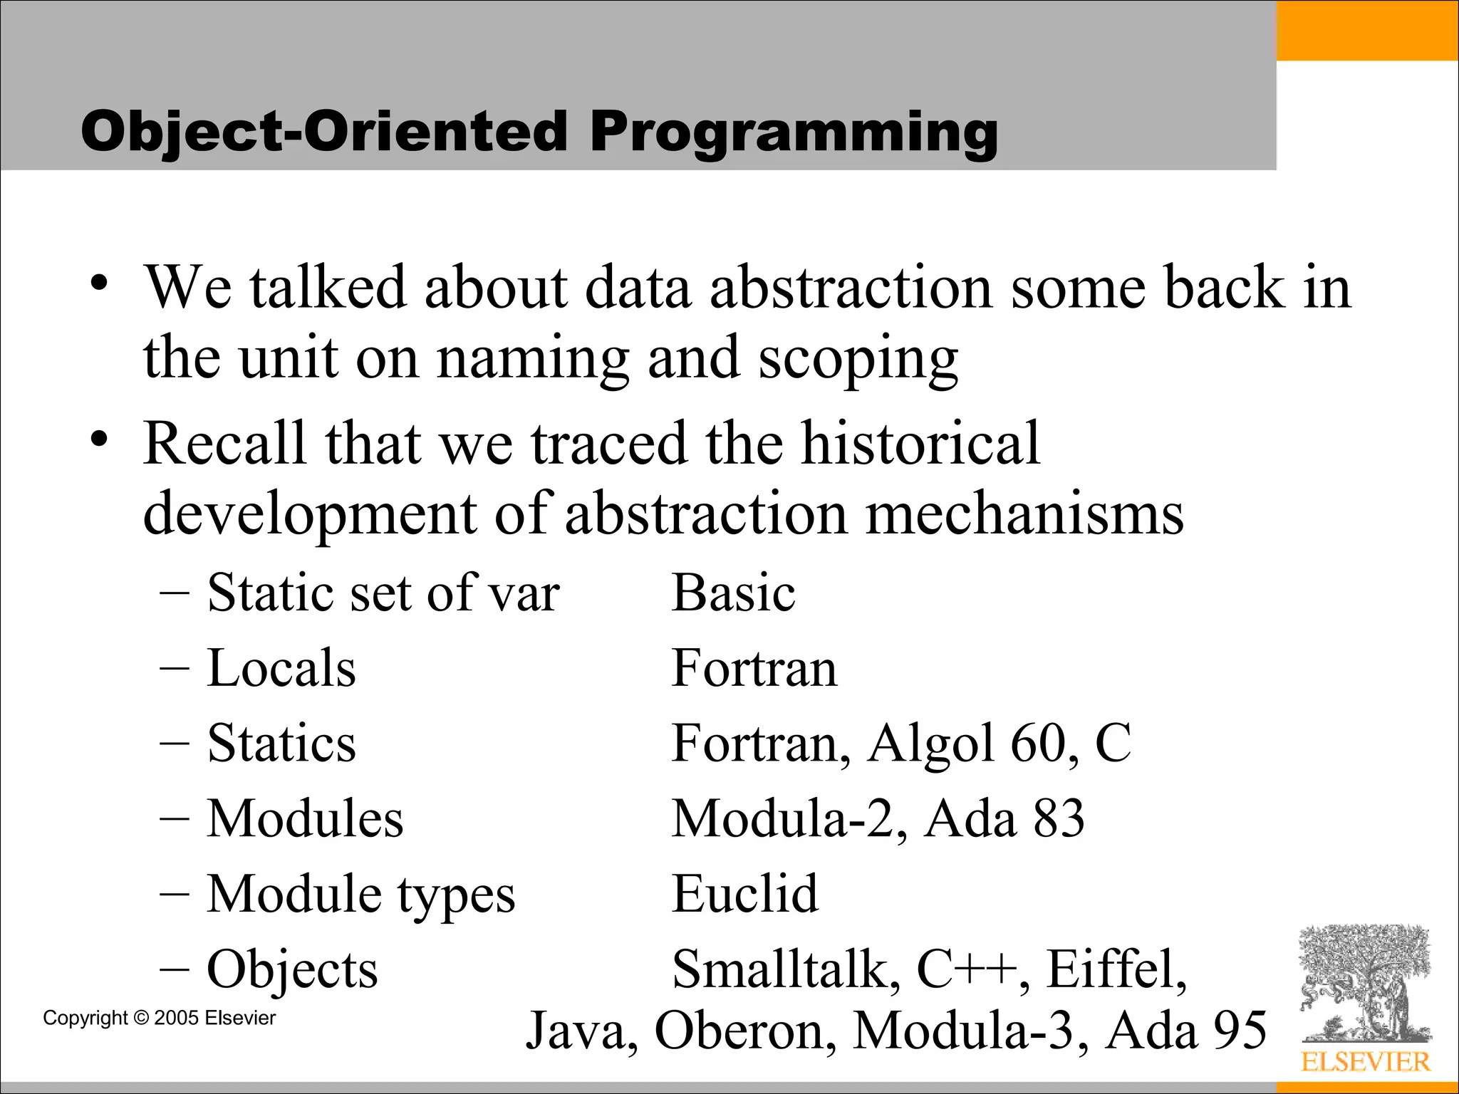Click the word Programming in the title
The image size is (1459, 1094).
[794, 133]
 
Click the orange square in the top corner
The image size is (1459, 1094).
[1367, 30]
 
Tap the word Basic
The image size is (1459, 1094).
[733, 593]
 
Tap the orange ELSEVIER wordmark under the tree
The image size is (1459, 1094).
[1365, 1062]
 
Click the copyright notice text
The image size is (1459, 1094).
[159, 1018]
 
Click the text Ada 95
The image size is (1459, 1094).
[1185, 1031]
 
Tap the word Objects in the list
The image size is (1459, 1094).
[292, 969]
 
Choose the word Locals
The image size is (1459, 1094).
[281, 668]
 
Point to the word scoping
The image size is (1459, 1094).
[858, 360]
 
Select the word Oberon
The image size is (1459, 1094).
[744, 1031]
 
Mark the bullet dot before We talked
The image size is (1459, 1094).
[99, 285]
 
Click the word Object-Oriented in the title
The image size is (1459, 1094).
[325, 132]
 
